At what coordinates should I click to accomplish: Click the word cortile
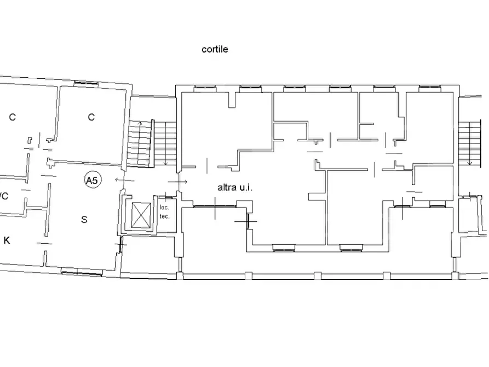point(215,49)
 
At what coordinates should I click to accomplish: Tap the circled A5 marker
point(93,180)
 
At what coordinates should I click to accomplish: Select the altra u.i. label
point(235,187)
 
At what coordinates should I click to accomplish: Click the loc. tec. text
point(164,211)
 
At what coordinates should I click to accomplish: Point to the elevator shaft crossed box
point(141,215)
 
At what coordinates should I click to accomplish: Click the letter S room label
point(84,220)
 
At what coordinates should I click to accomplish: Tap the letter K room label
point(7,240)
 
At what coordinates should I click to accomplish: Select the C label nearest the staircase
point(91,117)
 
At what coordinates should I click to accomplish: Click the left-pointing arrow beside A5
point(125,180)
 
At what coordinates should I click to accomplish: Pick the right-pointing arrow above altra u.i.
point(177,182)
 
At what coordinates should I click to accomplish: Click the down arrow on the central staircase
point(166,144)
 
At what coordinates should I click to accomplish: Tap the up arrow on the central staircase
point(140,143)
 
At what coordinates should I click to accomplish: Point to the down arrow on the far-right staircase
point(469,144)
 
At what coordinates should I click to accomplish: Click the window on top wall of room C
point(86,83)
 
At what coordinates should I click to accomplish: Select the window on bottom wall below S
point(82,273)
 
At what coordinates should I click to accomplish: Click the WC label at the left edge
point(4,196)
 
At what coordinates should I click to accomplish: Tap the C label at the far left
point(12,117)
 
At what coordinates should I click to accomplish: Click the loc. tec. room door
point(166,197)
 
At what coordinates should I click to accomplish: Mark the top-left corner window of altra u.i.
point(205,89)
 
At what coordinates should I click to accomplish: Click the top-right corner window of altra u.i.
point(430,89)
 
